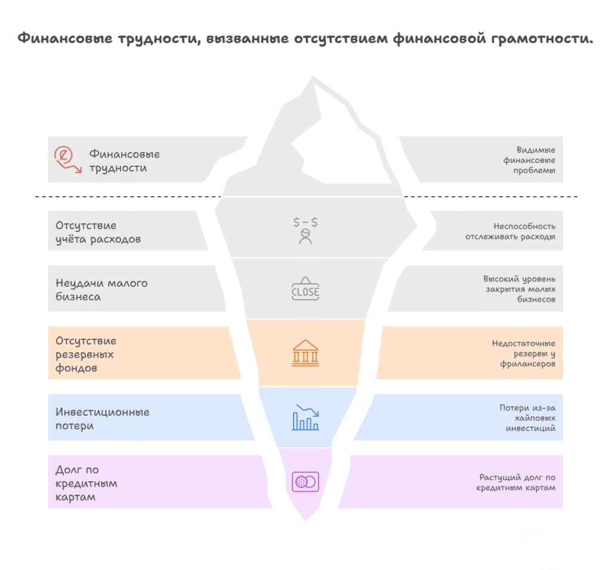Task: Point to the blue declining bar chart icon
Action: tap(305, 417)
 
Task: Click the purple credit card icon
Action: tap(305, 481)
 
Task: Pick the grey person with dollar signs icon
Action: tap(305, 231)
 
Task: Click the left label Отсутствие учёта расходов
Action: tap(98, 233)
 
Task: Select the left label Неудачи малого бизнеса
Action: tap(101, 290)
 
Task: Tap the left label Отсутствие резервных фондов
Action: tap(86, 355)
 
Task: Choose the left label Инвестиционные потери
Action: tap(102, 419)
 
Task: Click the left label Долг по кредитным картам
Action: tap(86, 484)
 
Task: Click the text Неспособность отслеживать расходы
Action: tap(510, 231)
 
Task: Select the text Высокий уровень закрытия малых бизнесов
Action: tap(519, 289)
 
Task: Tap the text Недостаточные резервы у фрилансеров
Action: tap(523, 354)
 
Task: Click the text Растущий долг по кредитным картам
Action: tap(516, 482)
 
